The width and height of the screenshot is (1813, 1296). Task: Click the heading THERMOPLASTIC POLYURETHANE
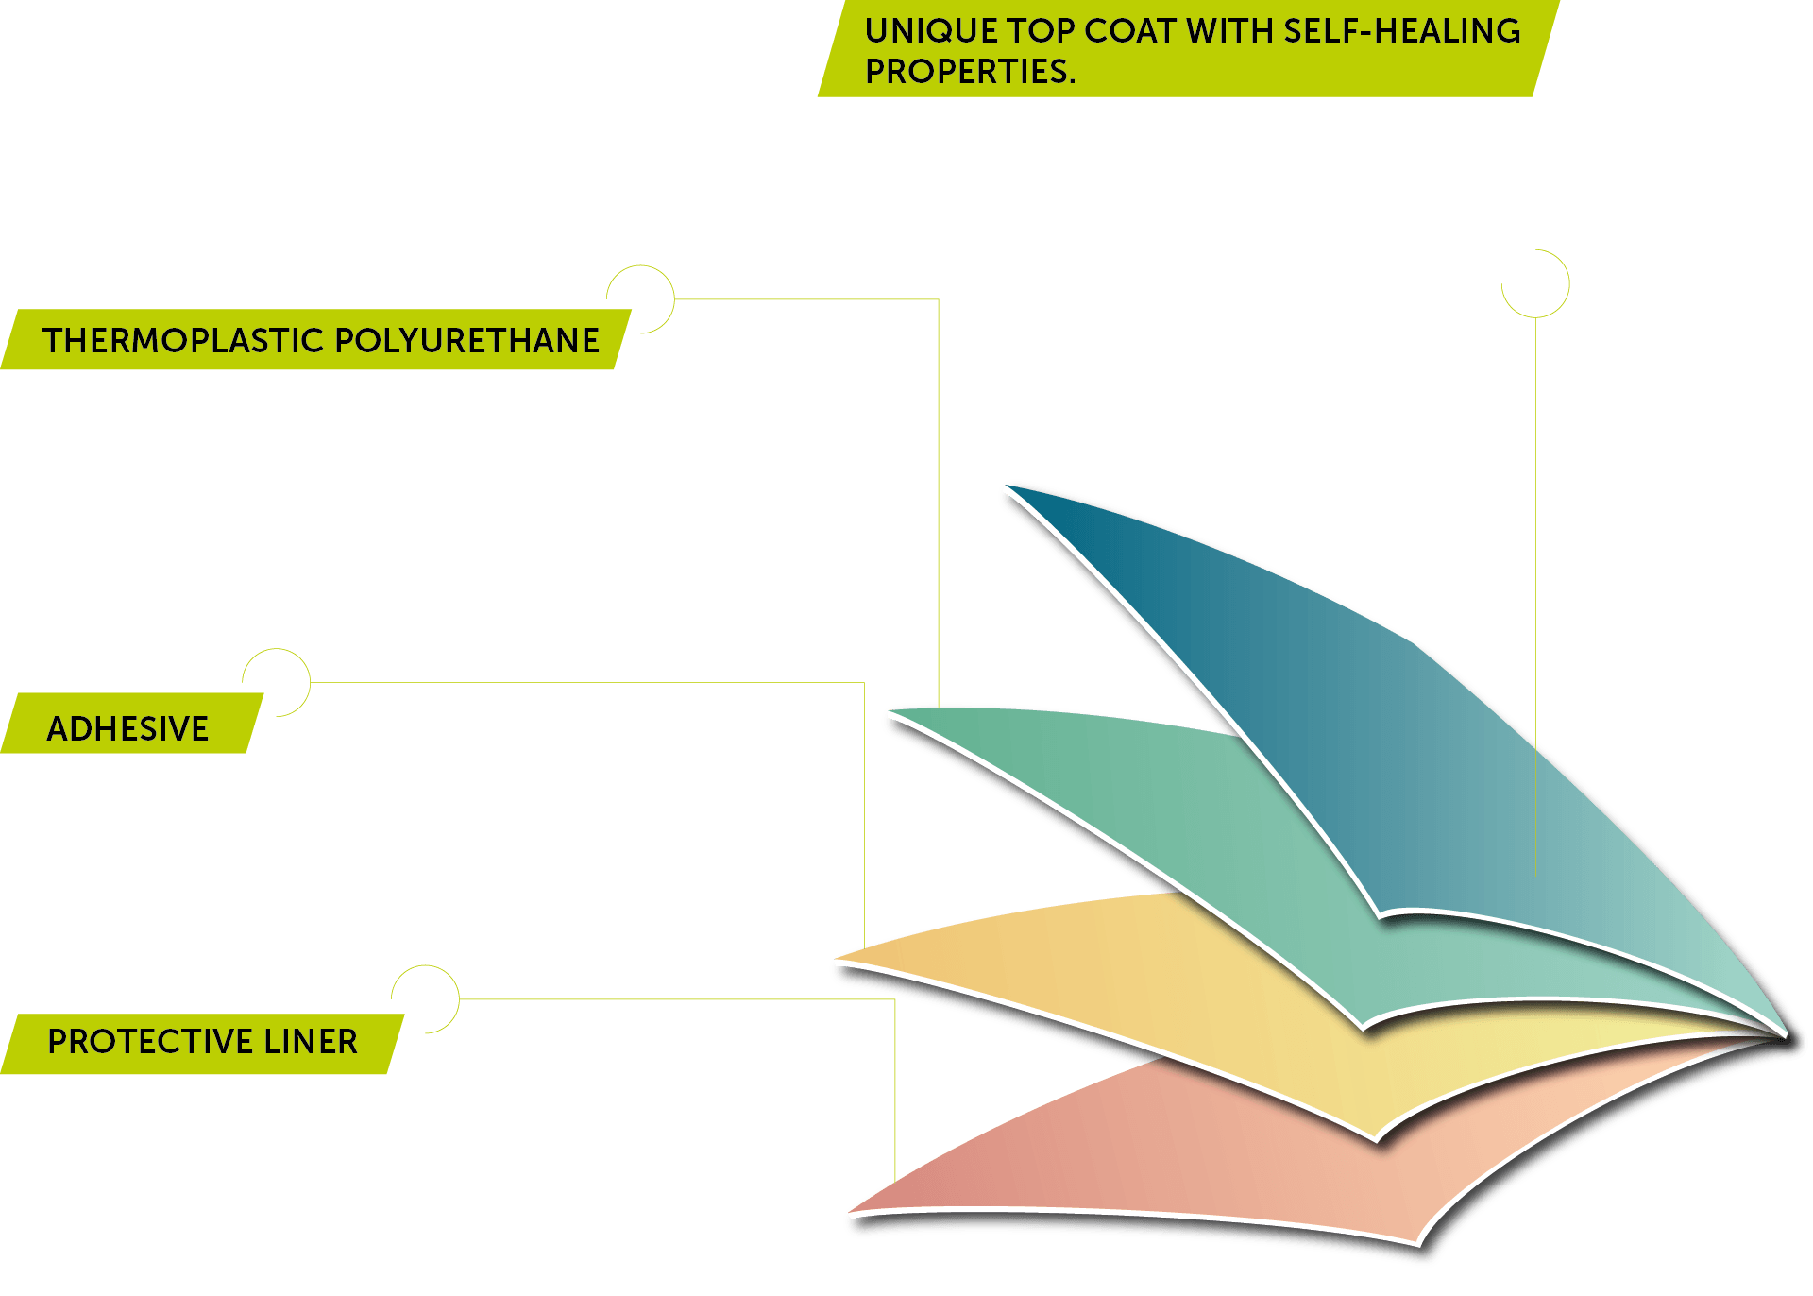[x=321, y=340]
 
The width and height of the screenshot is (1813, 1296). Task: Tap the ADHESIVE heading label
[x=127, y=728]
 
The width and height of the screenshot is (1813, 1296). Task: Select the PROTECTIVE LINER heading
[x=202, y=1041]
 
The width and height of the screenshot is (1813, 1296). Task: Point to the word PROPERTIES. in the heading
[x=970, y=72]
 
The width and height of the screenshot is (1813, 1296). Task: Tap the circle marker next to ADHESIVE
[x=276, y=682]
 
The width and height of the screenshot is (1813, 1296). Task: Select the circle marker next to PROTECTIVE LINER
[x=425, y=999]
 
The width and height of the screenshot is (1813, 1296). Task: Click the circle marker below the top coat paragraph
[x=1535, y=283]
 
